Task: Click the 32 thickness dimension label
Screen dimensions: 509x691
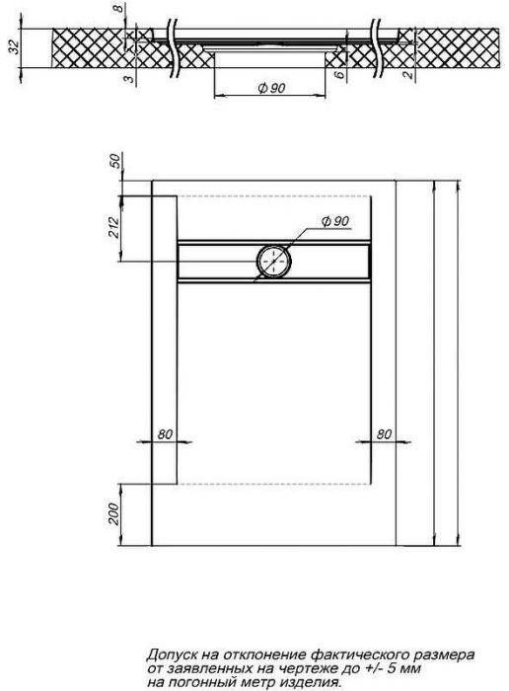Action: coord(15,46)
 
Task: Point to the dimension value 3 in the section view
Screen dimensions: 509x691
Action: coord(128,79)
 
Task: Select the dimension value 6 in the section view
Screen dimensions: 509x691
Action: coord(339,75)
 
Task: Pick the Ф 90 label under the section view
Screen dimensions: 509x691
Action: coord(271,88)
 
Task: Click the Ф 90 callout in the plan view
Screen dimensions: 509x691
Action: coord(335,221)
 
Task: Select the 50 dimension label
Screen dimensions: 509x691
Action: coord(115,161)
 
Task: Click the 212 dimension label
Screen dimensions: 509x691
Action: coord(114,227)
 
